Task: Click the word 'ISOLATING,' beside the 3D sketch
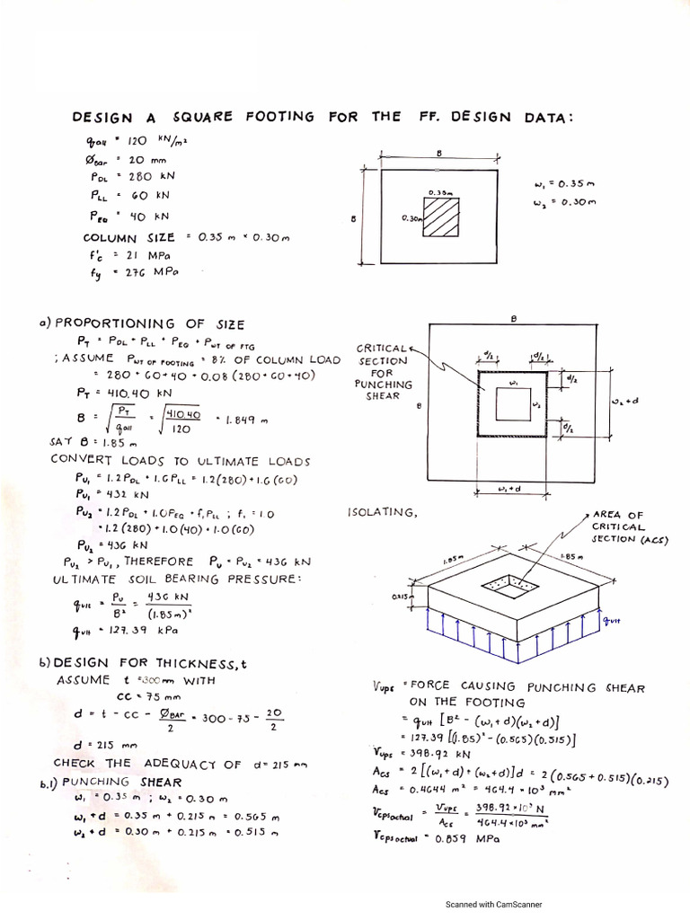click(x=381, y=512)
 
